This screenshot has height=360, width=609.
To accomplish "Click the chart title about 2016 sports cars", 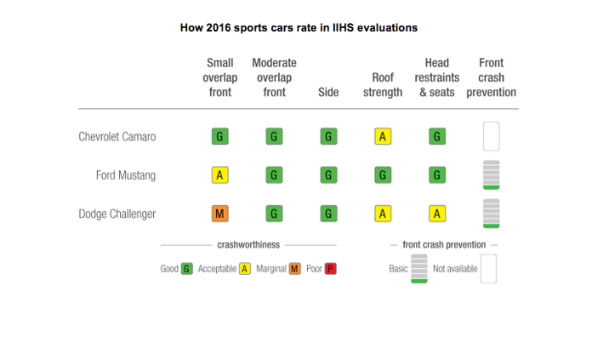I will click(299, 27).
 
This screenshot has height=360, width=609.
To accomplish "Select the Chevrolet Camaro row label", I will click(117, 136).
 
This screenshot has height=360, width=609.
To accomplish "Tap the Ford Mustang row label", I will click(126, 175).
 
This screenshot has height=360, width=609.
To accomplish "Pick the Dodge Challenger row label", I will click(117, 214).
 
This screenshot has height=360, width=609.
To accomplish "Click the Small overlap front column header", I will click(220, 77).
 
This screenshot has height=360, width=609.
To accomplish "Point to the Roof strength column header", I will click(383, 85).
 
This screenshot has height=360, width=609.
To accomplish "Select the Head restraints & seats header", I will click(437, 77).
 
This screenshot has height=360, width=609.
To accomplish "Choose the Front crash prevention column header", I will click(491, 77).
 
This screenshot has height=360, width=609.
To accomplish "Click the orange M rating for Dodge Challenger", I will click(220, 214).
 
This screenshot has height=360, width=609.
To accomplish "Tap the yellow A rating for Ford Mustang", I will click(220, 175).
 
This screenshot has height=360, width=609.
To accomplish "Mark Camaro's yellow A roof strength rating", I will click(383, 136).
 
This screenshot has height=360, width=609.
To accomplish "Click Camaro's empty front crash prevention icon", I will click(491, 136).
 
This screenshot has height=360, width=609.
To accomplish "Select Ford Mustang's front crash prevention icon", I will click(491, 174).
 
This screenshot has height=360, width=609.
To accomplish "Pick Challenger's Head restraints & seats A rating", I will click(437, 214).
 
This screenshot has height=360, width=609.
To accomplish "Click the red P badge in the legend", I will click(330, 269).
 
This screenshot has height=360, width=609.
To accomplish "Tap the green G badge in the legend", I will click(186, 269).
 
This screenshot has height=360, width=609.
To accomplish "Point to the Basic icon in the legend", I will click(418, 268).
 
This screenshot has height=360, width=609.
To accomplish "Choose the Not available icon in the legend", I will click(488, 268).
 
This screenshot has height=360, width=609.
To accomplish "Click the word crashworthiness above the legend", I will click(248, 245).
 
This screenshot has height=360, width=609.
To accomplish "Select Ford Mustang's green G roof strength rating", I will click(383, 175).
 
